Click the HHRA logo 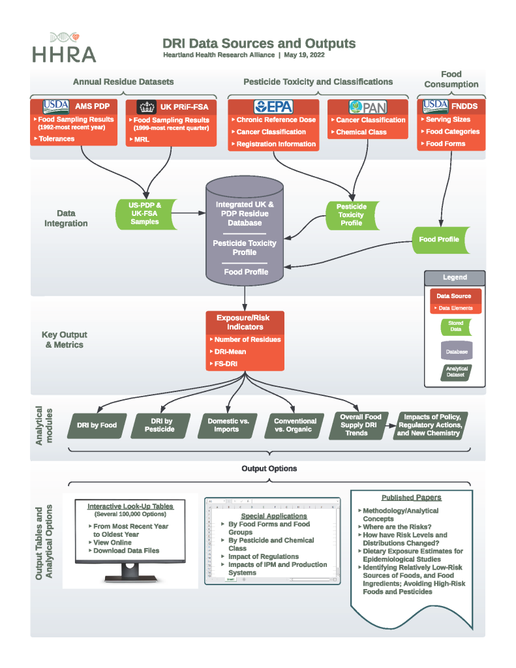pos(64,48)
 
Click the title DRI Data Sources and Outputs pos(259,44)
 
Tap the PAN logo pos(368,107)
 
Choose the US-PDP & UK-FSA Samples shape pos(145,213)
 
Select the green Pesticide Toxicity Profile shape pos(352,214)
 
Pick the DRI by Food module pos(97,425)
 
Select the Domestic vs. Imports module pos(228,425)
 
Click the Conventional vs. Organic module pos(295,425)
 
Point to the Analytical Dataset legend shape pos(456,372)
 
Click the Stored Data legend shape pos(455,326)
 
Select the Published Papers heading pos(411,498)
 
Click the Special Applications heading pos(269,516)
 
